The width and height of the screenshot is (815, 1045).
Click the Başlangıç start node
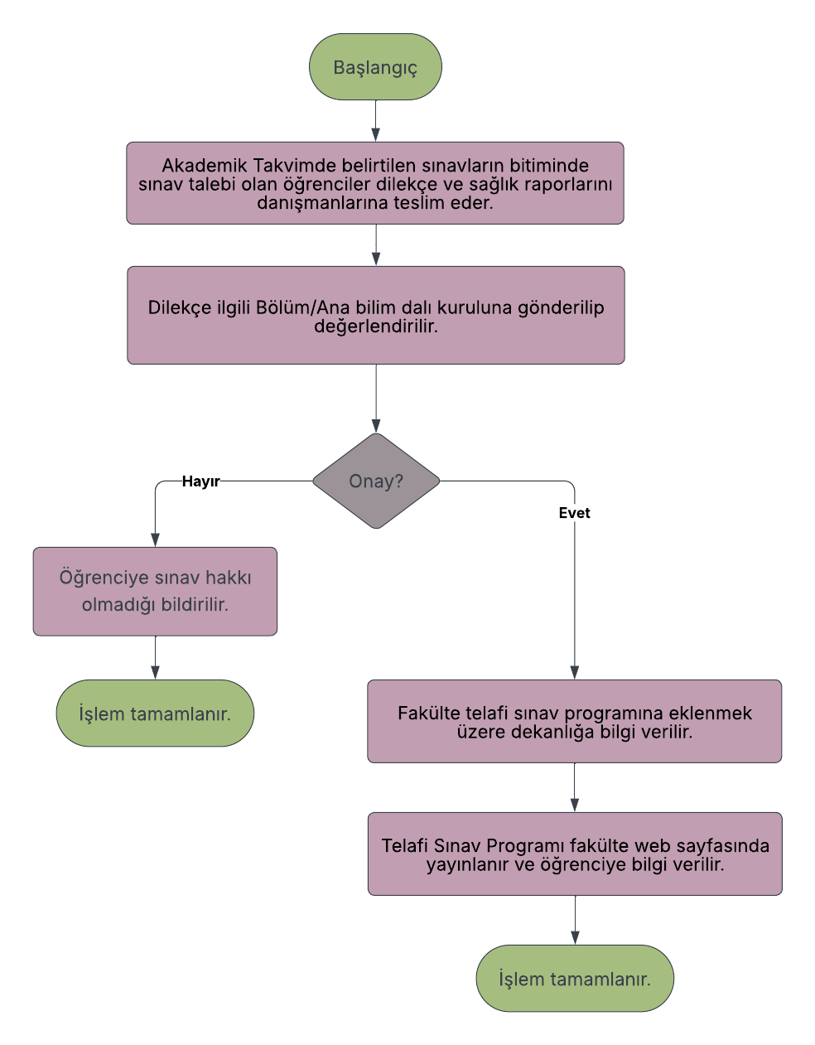pos(375,67)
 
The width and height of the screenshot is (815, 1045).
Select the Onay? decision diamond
pos(376,481)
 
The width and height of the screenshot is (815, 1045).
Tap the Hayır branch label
pos(200,481)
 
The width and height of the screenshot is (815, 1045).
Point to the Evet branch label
pos(574,513)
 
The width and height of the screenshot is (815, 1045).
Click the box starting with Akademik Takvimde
pos(375,183)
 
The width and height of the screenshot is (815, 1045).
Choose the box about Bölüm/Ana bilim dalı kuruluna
pos(375,316)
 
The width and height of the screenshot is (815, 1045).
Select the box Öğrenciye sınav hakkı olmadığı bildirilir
pos(155,591)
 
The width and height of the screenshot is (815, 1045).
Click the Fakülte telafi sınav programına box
pos(574,721)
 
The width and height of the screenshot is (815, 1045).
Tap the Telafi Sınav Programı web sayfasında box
pos(575,854)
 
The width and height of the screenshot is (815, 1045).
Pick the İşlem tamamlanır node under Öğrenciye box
pos(155,714)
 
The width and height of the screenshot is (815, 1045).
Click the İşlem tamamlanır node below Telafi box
pos(575,979)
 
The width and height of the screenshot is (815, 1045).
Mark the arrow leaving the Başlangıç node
pos(376,121)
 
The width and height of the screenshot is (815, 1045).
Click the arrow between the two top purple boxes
pos(376,245)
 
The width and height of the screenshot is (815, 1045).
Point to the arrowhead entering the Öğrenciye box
pos(155,539)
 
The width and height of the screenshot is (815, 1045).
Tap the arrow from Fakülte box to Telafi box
pos(575,788)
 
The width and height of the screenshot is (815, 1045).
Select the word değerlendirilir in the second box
pos(375,327)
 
